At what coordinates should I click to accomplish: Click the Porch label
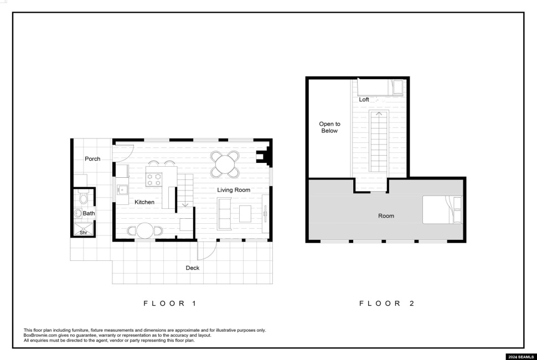click(x=92, y=159)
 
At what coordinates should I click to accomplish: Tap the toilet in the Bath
click(x=83, y=197)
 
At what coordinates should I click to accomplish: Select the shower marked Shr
click(x=84, y=229)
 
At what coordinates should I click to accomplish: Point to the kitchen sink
click(x=122, y=189)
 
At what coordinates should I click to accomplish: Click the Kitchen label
click(x=144, y=203)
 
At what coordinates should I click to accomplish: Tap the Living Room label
click(x=234, y=190)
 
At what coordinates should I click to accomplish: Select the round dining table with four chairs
click(x=225, y=164)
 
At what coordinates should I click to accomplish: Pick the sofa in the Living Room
click(x=224, y=214)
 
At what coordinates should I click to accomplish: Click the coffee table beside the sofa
click(x=245, y=214)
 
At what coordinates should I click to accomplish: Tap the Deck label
click(x=193, y=268)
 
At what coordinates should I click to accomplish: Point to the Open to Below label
click(x=329, y=127)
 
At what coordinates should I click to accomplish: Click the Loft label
click(x=364, y=100)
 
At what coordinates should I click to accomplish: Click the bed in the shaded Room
click(x=442, y=209)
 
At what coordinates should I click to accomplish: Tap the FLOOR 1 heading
click(x=170, y=303)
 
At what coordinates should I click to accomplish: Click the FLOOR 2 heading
click(x=387, y=303)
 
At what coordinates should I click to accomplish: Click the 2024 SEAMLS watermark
click(x=520, y=357)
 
